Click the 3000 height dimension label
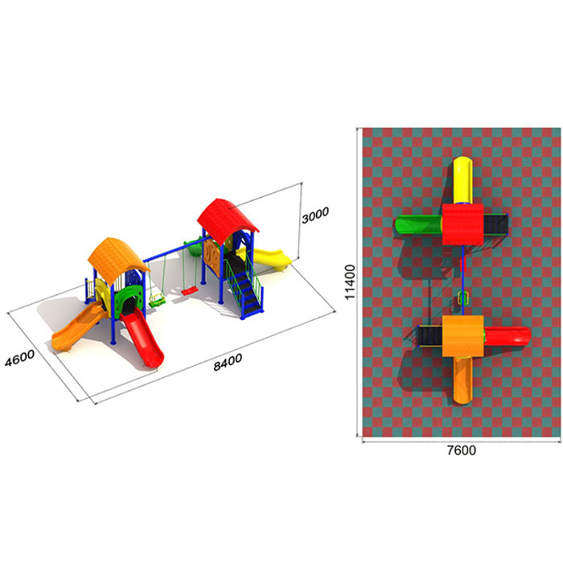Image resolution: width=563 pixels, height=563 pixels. (315, 215)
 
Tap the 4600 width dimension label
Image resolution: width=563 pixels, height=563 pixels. (20, 358)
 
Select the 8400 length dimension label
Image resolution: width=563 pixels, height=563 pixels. (228, 362)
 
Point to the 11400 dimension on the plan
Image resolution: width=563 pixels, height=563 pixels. (349, 281)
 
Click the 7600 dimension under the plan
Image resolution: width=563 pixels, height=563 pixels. (462, 450)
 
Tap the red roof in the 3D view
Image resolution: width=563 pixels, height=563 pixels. (228, 220)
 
